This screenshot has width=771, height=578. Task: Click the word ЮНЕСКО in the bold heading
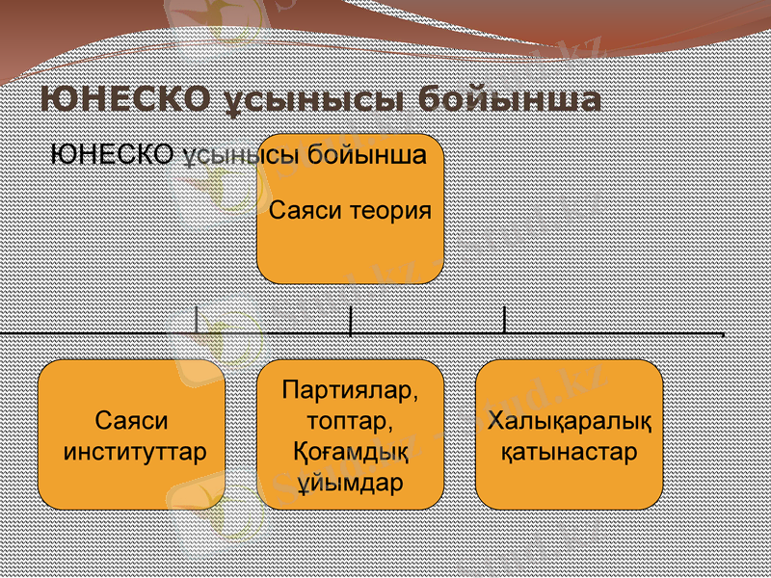point(125,99)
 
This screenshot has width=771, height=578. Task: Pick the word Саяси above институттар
point(132,421)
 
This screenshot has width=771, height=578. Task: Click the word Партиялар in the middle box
point(351,392)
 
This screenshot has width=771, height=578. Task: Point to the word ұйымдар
point(350,481)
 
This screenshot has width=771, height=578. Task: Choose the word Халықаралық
point(570,421)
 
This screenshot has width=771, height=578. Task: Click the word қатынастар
point(570,451)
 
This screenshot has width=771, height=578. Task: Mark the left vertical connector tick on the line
point(196,320)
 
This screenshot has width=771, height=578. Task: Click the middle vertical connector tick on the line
point(350,320)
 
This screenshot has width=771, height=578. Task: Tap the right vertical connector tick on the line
point(504,320)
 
